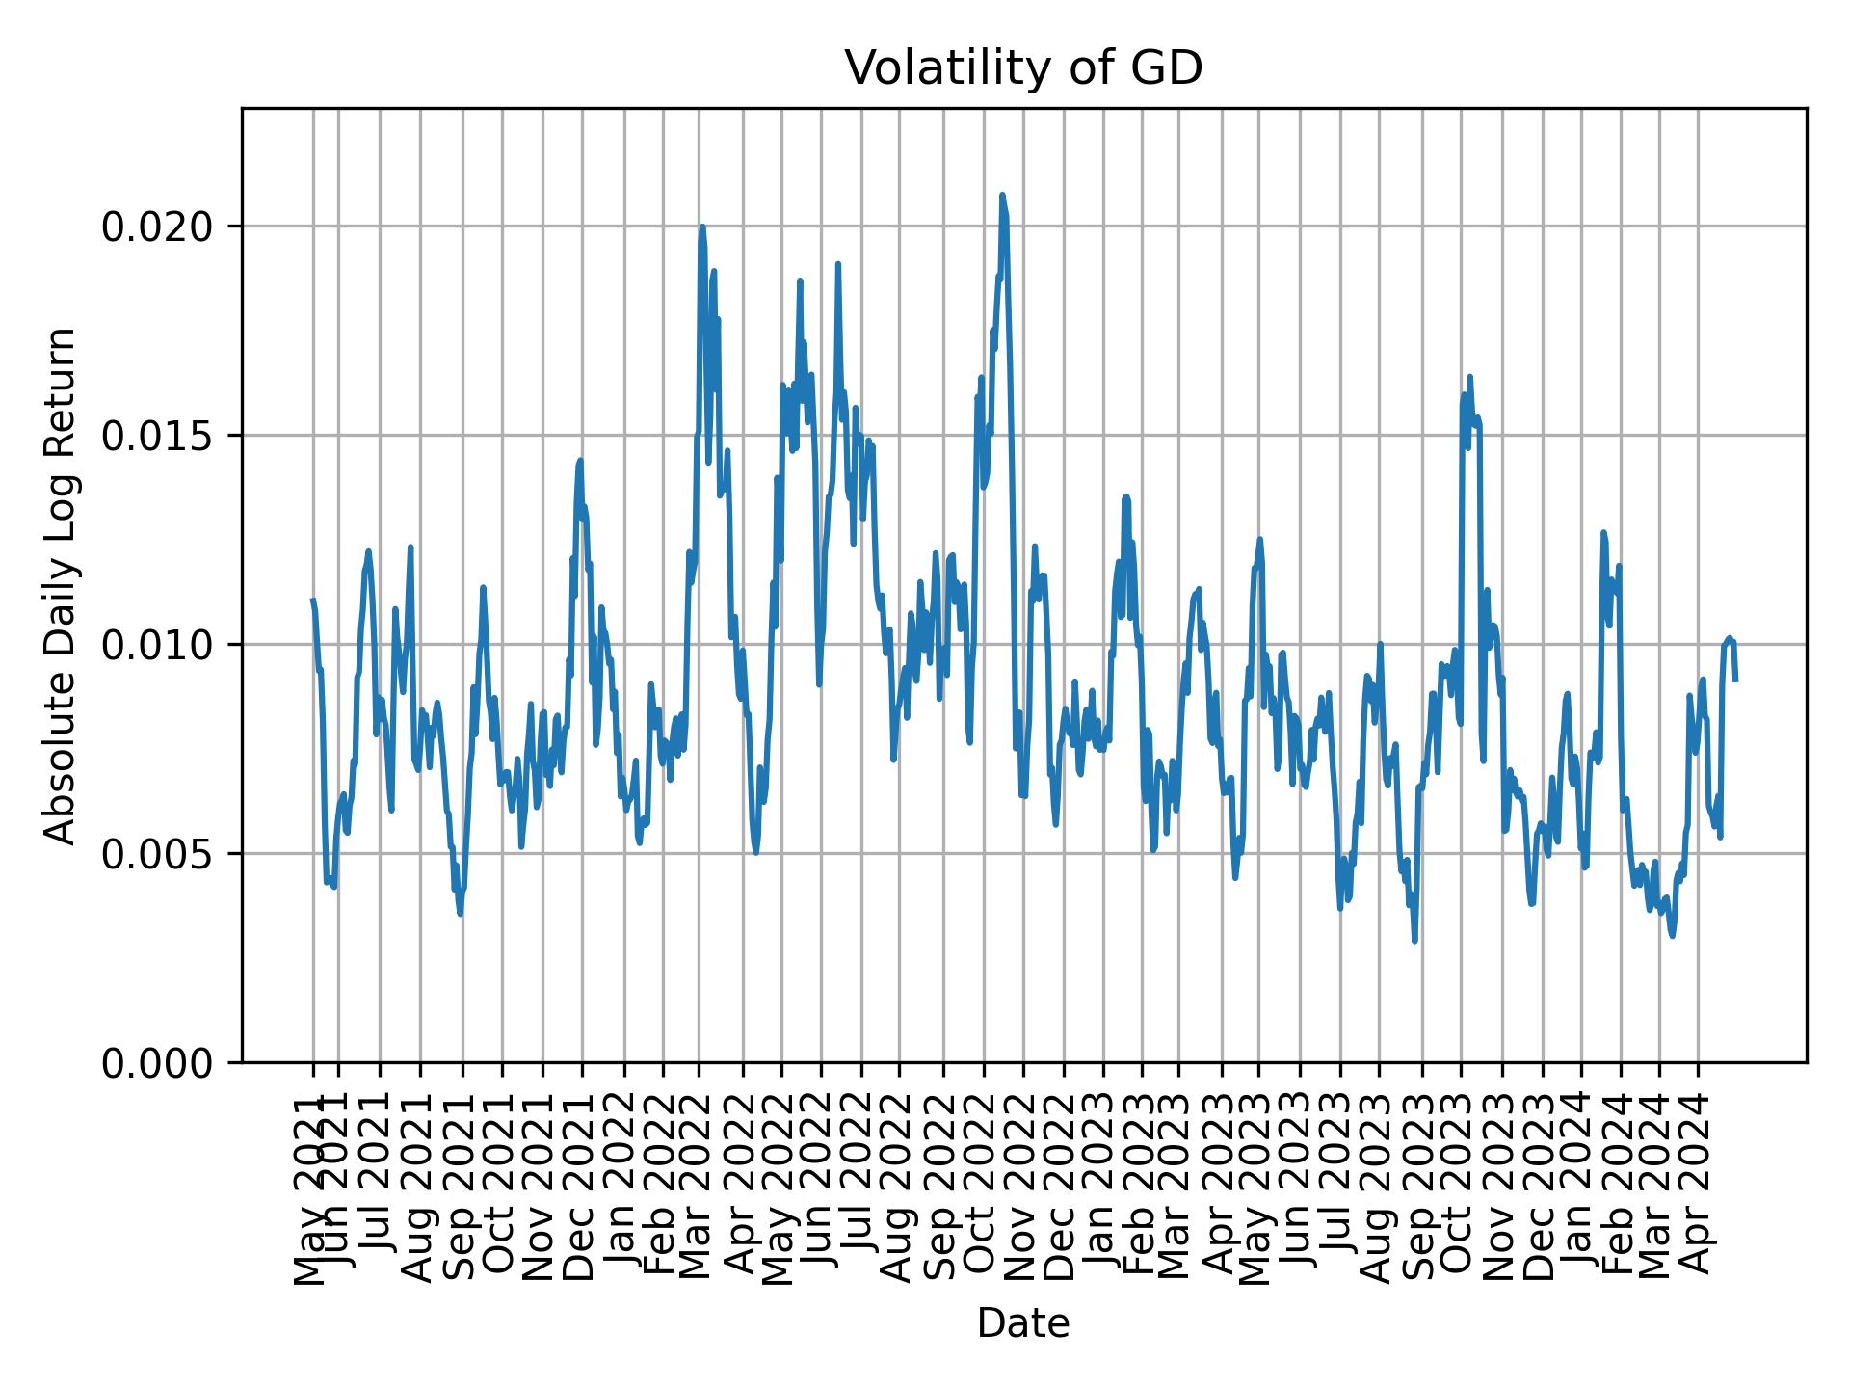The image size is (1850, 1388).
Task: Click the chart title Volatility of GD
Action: click(x=1023, y=69)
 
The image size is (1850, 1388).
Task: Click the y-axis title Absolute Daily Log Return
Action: click(x=62, y=585)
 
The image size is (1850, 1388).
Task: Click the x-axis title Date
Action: click(x=1023, y=1323)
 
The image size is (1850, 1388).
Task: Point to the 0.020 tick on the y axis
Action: click(x=156, y=227)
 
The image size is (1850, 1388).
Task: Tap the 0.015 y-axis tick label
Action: click(x=156, y=436)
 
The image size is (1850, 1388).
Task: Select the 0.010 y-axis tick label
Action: click(x=156, y=644)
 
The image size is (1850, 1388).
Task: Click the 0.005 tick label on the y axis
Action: click(x=156, y=853)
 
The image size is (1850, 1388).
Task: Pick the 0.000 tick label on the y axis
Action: click(x=156, y=1062)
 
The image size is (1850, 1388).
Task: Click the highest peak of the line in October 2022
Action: click(x=1002, y=195)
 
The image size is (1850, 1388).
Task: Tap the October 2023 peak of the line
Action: click(x=1469, y=377)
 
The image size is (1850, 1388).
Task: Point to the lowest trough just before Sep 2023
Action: click(x=1414, y=941)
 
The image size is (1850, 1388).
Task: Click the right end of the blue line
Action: click(x=1735, y=681)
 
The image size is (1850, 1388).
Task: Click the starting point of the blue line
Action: click(x=312, y=600)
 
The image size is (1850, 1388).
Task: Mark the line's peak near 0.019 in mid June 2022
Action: click(x=838, y=264)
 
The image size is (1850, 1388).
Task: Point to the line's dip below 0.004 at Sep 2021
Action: click(x=461, y=914)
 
